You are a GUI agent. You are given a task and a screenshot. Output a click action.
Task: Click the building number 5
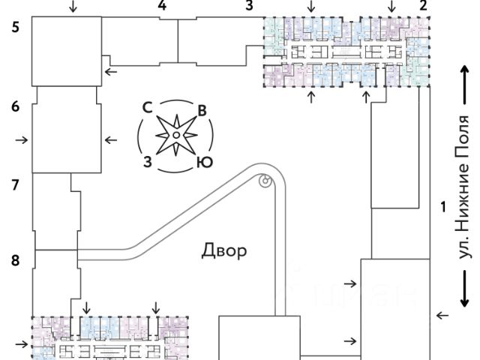(x=16, y=29)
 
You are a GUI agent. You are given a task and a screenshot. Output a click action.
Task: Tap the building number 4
(x=162, y=6)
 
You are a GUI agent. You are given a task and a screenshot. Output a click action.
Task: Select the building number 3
(x=250, y=6)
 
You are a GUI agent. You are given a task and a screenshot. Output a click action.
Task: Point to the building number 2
(x=424, y=6)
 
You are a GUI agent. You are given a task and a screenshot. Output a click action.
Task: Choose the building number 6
(x=16, y=107)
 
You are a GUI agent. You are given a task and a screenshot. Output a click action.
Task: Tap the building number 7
(x=16, y=184)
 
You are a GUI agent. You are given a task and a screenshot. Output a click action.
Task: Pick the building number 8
(x=16, y=260)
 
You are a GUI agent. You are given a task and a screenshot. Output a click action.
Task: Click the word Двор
(x=223, y=250)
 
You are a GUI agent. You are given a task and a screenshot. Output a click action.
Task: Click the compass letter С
(x=148, y=107)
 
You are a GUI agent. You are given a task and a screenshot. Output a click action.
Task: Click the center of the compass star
(x=175, y=135)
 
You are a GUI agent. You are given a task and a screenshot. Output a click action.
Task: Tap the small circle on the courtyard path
(x=264, y=180)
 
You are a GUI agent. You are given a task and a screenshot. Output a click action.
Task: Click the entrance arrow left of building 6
(x=22, y=139)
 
